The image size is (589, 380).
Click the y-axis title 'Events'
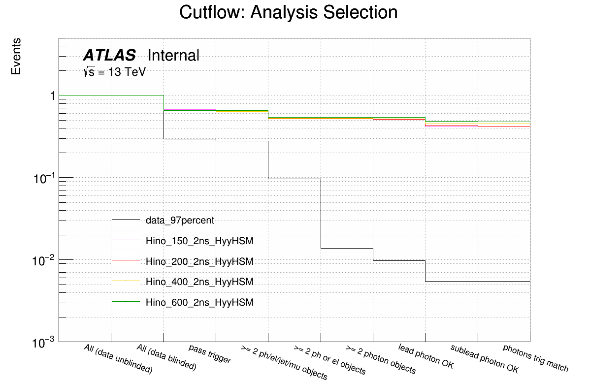(16, 56)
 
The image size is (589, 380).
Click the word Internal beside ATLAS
(173, 56)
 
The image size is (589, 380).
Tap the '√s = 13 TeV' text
(115, 72)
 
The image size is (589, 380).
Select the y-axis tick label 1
(51, 96)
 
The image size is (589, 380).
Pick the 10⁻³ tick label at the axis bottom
(43, 343)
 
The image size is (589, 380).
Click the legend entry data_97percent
(180, 220)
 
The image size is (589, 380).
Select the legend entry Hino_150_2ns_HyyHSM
(199, 241)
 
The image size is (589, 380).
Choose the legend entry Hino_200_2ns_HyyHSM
(199, 261)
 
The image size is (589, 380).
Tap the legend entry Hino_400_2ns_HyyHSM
(199, 282)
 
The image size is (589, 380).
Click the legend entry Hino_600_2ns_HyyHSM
(199, 302)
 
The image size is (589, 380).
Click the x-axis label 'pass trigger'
(210, 354)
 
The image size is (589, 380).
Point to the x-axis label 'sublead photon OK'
(485, 359)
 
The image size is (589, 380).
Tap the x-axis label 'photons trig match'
(535, 358)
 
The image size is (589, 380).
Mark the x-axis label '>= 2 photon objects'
(381, 360)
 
